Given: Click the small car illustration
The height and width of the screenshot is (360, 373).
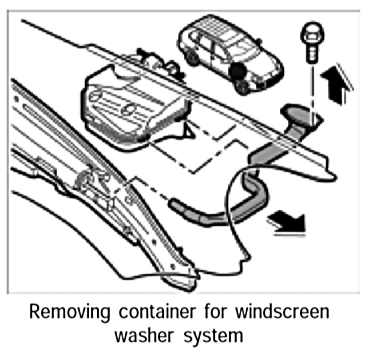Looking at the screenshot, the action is pos(229,53).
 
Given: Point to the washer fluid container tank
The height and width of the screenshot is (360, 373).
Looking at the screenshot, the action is pos(133,104).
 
